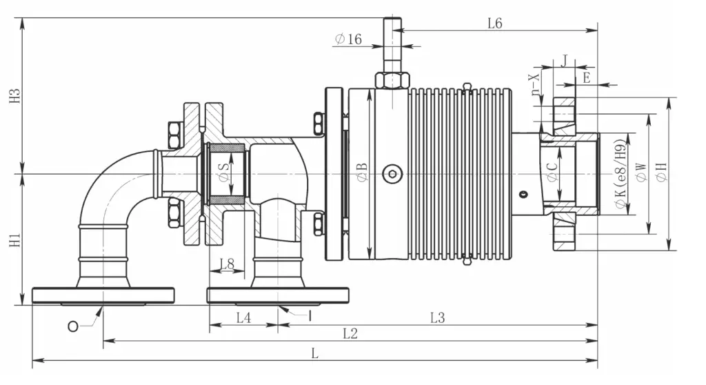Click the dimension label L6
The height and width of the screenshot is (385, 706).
[x=494, y=23]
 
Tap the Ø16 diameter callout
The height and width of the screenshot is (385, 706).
[x=348, y=39]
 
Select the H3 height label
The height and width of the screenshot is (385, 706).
[x=15, y=96]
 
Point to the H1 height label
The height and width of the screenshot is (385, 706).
[x=15, y=240]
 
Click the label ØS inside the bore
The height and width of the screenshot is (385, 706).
[x=224, y=172]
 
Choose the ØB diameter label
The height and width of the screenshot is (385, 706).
[x=363, y=172]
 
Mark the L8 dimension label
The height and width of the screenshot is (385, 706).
[x=227, y=264]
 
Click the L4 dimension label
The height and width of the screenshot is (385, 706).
[x=243, y=318]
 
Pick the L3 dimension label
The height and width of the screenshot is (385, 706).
[x=437, y=318]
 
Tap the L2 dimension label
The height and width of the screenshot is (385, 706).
[x=350, y=334]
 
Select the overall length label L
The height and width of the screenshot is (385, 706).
[x=314, y=353]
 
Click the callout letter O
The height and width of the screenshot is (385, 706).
[x=72, y=326]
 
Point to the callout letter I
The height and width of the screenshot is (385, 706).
[x=310, y=316]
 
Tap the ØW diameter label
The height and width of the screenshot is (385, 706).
[x=641, y=172]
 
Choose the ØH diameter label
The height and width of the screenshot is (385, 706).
[x=661, y=172]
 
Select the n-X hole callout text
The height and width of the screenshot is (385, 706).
[x=535, y=84]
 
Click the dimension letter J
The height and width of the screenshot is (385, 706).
[x=565, y=61]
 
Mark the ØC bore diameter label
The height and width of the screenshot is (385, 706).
[x=552, y=172]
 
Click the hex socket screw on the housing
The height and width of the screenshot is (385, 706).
[x=392, y=174]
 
